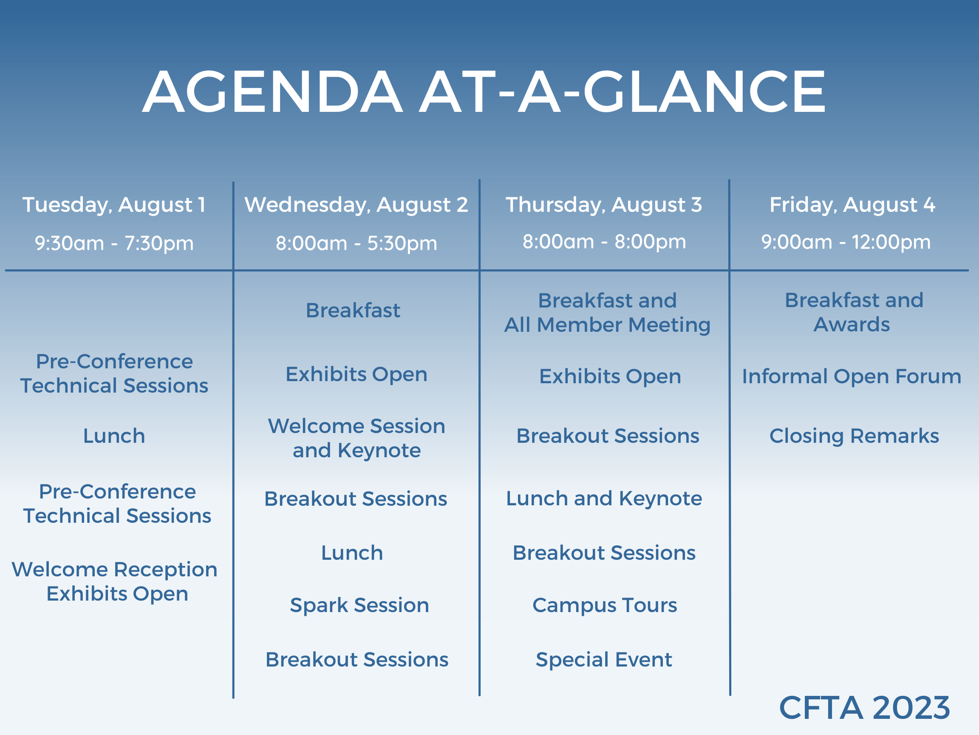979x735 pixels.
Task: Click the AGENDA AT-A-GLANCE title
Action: coord(484,92)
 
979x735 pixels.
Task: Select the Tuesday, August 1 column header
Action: coord(114,205)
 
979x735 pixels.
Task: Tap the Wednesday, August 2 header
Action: coord(356,205)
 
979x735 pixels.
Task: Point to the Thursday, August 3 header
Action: coord(604,205)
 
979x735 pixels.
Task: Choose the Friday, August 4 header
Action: coord(852,205)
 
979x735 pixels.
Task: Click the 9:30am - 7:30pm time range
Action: coord(114,243)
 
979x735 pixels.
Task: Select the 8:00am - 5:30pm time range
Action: coord(356,243)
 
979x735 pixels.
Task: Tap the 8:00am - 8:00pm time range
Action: coord(604,242)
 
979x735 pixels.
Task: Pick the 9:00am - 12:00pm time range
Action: coord(846,242)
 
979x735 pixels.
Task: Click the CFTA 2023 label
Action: coord(864,707)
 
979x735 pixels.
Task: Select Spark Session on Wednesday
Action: coord(359,606)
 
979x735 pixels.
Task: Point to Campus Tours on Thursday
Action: coord(605,606)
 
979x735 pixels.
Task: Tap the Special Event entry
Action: coord(604,660)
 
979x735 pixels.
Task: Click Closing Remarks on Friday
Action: coord(854,436)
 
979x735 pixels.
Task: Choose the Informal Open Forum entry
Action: coord(852,377)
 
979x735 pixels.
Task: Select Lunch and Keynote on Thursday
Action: coord(604,499)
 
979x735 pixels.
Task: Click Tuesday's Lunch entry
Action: coord(114,436)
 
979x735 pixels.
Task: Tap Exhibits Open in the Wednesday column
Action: coord(356,375)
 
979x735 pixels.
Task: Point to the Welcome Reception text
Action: coord(114,570)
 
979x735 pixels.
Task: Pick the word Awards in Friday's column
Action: coord(852,324)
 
